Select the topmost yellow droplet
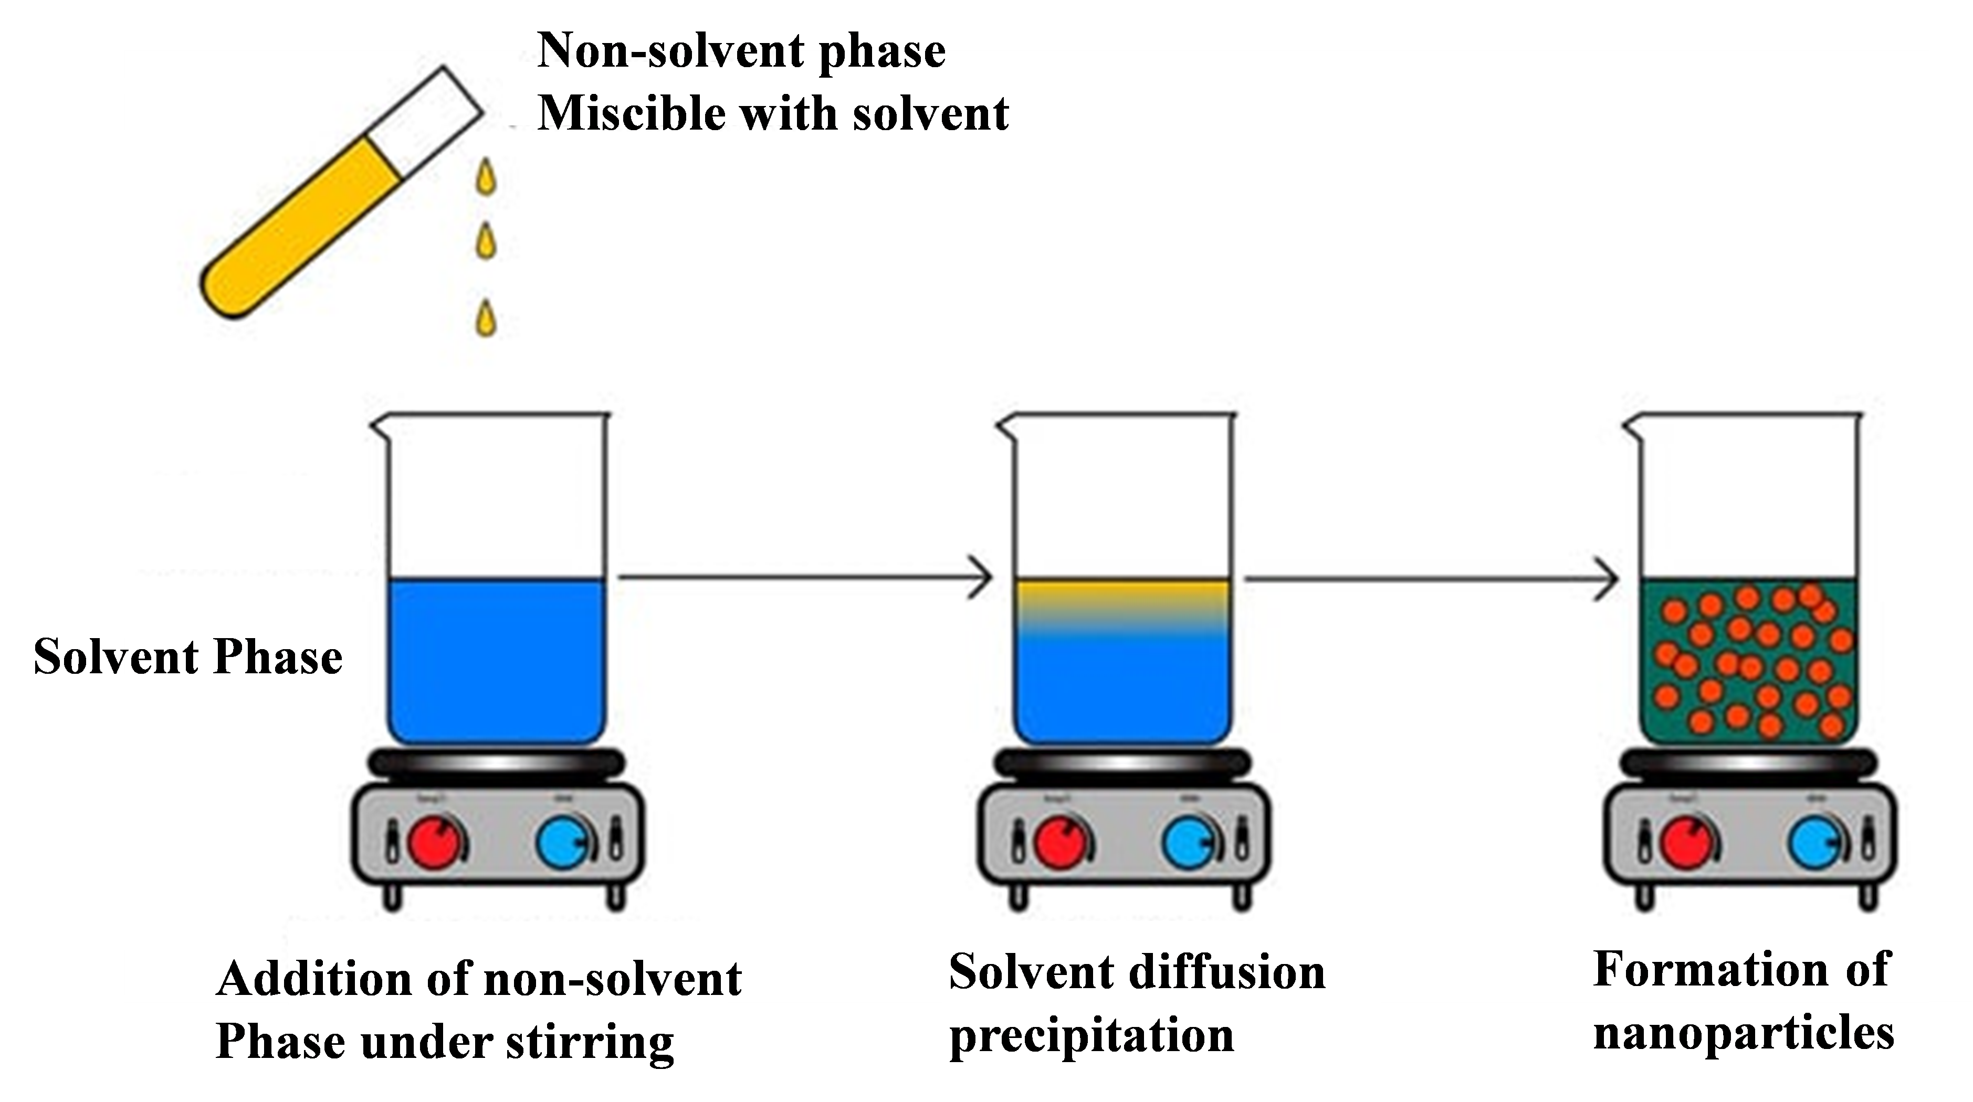pos(486,178)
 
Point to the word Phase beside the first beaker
pos(277,657)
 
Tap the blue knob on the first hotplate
pos(563,842)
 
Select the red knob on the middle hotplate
pos(1060,842)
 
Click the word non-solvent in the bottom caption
pos(613,979)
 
